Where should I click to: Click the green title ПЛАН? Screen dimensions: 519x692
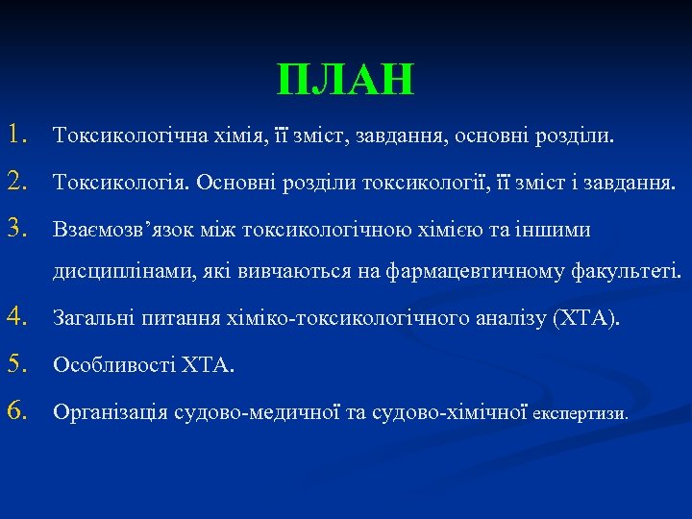pos(345,80)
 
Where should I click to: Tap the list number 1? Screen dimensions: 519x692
pos(19,136)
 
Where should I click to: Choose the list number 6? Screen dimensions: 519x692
pos(19,412)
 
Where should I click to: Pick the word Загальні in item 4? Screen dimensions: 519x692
pos(88,319)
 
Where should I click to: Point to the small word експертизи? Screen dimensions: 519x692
pos(580,415)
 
